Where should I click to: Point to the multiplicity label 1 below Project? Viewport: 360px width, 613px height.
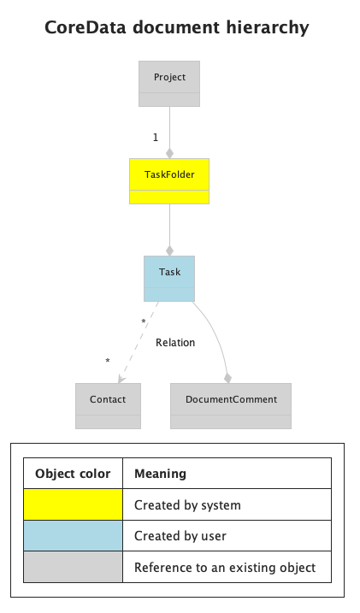[155, 138]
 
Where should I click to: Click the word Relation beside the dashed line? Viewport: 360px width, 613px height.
[175, 343]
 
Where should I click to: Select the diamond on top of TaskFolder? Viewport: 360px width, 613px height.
[169, 153]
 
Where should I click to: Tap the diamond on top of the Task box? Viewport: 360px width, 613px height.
[169, 251]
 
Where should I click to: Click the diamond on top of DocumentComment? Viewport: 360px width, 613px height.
[227, 377]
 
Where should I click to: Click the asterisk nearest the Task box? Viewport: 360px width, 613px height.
[143, 322]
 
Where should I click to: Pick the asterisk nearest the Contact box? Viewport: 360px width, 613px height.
[107, 362]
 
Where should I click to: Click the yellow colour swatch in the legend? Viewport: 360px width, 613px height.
[73, 504]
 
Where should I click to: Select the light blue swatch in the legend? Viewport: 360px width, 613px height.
[73, 536]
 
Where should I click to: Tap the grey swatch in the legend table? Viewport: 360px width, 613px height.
[73, 567]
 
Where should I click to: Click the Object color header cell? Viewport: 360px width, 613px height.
[73, 474]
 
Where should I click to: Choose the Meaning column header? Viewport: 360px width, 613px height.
[160, 474]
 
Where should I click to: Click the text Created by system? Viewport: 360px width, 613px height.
[187, 505]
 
